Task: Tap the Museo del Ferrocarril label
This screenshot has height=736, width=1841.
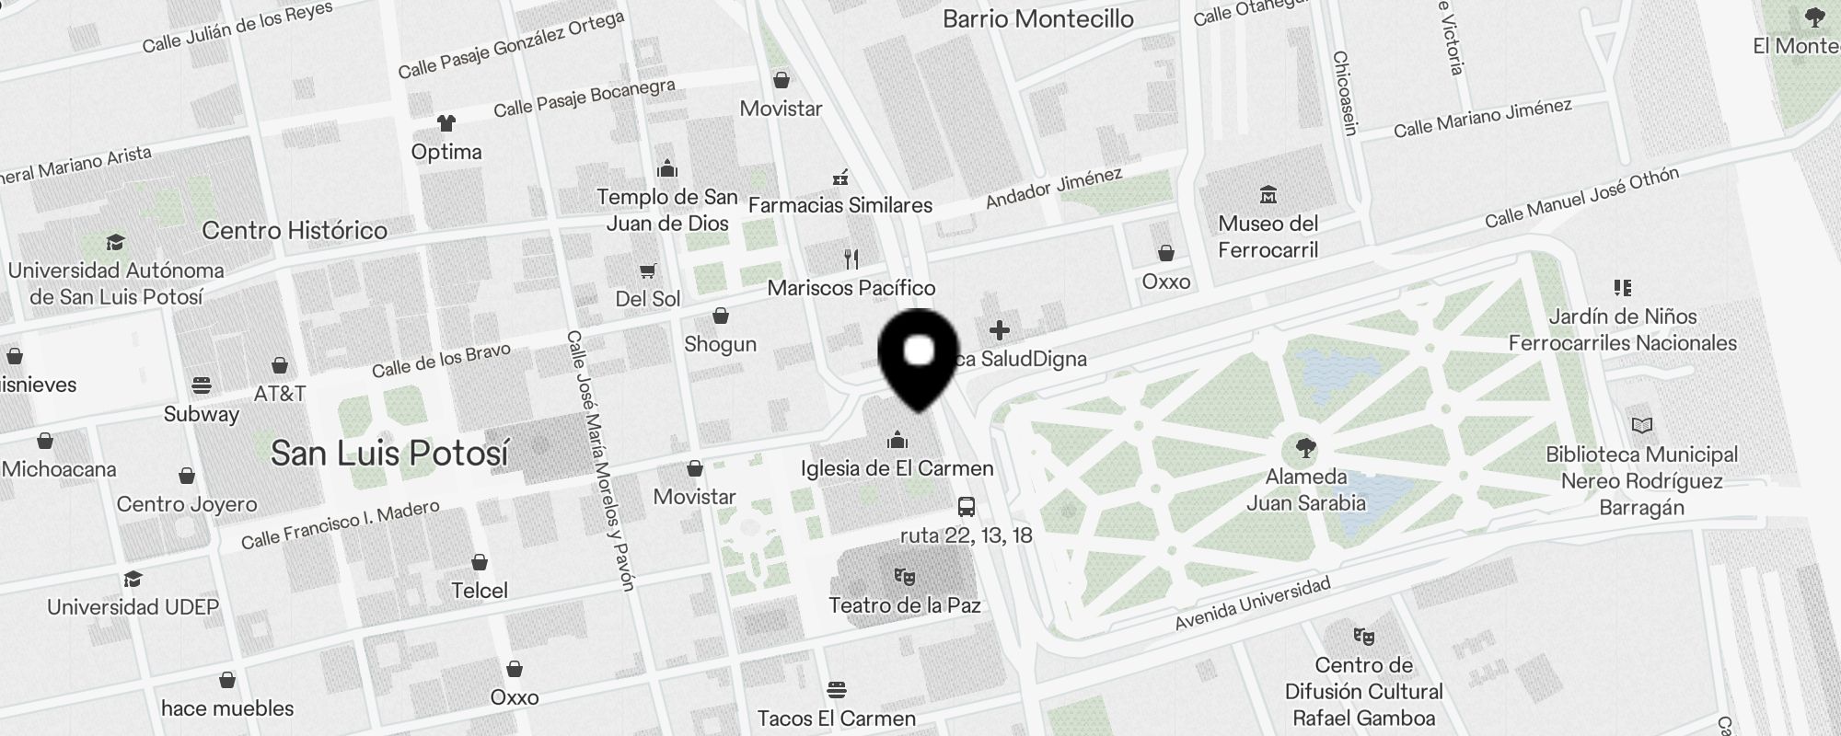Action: coord(1268,237)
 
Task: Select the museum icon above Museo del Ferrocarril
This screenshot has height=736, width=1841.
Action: coord(1268,194)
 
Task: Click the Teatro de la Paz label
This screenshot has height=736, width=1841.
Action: coord(904,605)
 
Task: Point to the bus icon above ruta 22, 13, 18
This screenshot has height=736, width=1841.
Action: coord(967,507)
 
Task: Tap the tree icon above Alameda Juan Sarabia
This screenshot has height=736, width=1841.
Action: coord(1304,449)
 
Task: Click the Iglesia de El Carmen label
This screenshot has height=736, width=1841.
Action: coord(897,468)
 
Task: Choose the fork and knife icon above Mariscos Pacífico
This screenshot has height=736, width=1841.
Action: coord(851,259)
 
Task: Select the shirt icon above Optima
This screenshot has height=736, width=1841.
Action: coord(446,123)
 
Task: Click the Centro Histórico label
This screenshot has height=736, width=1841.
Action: coord(295,230)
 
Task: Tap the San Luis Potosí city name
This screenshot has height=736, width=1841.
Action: coord(389,453)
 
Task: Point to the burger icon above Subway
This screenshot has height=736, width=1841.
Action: coord(202,385)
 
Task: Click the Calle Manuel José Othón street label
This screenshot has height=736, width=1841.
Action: coord(1581,197)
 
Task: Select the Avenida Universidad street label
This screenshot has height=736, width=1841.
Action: coord(1253,604)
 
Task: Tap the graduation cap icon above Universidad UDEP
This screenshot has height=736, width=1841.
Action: coord(133,579)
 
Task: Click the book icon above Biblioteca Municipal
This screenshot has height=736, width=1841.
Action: coord(1641,426)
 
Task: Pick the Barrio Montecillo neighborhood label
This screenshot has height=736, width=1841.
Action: coord(1038,18)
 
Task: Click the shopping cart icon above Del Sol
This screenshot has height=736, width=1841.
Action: coord(648,270)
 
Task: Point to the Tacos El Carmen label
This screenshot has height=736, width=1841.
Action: coord(836,719)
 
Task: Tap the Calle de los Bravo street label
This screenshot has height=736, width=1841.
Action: coord(441,360)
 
